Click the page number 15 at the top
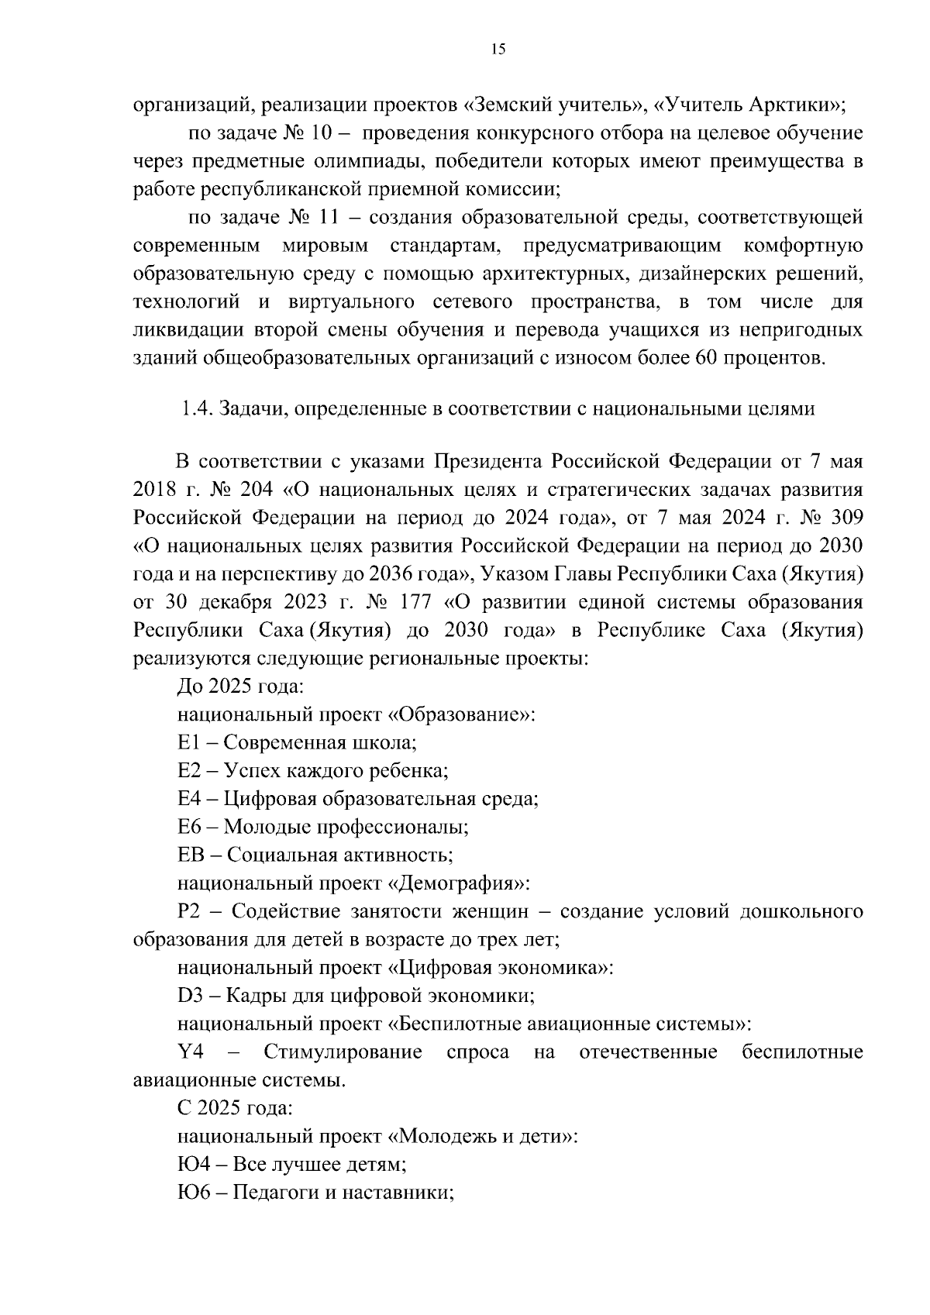(498, 50)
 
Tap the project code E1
(189, 742)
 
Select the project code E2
(189, 770)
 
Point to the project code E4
(189, 798)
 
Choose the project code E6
(189, 826)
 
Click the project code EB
(190, 855)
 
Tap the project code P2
(189, 911)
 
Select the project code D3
(190, 995)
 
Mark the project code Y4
(191, 1052)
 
